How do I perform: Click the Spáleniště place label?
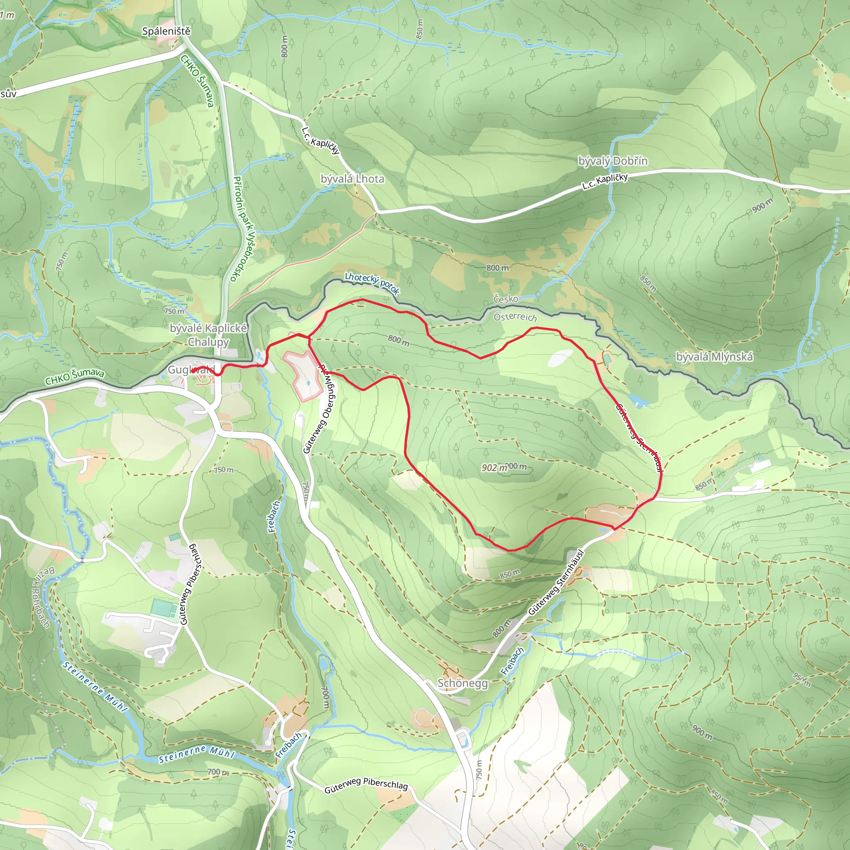(166, 31)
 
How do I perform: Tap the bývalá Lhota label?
(352, 179)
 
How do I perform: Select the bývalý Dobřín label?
(613, 161)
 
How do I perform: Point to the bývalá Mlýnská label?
(714, 357)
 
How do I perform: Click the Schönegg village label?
(462, 683)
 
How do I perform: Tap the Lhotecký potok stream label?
(372, 283)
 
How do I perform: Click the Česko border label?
(506, 299)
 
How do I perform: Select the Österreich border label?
(515, 317)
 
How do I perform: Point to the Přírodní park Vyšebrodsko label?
(242, 229)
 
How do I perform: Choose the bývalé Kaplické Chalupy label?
(208, 335)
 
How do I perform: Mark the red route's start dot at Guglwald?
(193, 371)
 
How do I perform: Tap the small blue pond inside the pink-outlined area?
(308, 383)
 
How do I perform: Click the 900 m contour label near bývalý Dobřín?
(762, 205)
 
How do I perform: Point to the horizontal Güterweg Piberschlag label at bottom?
(366, 785)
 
